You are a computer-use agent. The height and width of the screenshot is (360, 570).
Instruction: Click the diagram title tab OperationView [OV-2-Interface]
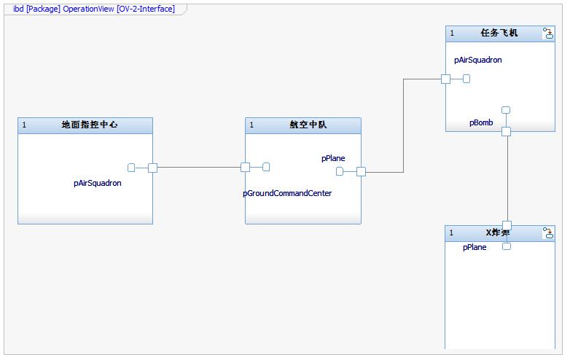[x=94, y=9]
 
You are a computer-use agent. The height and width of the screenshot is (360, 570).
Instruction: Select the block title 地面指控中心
[x=90, y=125]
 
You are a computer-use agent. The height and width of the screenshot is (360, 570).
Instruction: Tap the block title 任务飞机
[x=499, y=33]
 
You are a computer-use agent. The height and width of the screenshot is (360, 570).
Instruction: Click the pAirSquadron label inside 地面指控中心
[x=98, y=184]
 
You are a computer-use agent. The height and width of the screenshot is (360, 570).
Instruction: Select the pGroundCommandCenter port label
[x=287, y=193]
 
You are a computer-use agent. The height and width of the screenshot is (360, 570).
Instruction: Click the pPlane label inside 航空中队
[x=333, y=158]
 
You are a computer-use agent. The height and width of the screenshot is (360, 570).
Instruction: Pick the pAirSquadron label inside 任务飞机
[x=477, y=60]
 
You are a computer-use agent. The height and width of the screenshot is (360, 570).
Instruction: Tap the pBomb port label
[x=481, y=123]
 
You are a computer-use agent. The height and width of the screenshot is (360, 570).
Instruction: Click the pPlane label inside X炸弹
[x=475, y=247]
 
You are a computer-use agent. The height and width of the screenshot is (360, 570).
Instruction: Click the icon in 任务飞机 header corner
[x=547, y=34]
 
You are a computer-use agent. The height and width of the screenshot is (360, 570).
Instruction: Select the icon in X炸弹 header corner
[x=547, y=233]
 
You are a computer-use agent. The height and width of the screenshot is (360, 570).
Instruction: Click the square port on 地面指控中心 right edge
[x=152, y=168]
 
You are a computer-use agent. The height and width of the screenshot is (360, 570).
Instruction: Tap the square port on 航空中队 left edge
[x=246, y=168]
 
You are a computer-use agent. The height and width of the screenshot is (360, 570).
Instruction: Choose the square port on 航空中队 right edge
[x=361, y=172]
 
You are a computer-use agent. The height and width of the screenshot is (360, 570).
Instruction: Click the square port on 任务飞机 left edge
[x=446, y=79]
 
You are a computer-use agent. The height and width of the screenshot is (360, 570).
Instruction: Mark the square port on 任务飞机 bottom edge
[x=506, y=131]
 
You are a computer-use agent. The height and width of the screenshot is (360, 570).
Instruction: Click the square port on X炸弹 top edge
[x=507, y=225]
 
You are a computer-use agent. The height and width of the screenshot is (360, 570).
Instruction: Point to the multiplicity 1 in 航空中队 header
[x=252, y=125]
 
